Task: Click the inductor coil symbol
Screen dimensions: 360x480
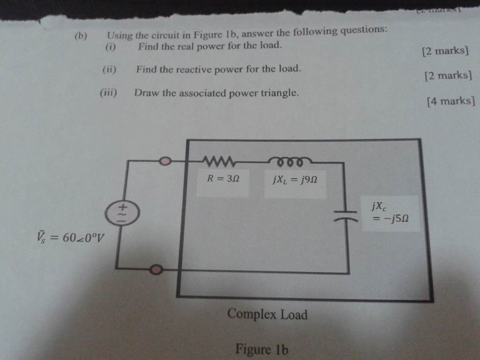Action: (x=288, y=162)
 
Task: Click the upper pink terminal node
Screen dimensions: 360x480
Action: (x=165, y=162)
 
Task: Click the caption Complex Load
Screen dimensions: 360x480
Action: (x=267, y=314)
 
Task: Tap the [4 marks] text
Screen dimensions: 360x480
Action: (x=451, y=100)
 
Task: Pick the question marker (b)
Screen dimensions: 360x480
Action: (x=81, y=37)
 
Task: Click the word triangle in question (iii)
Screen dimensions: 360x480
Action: (x=280, y=92)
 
